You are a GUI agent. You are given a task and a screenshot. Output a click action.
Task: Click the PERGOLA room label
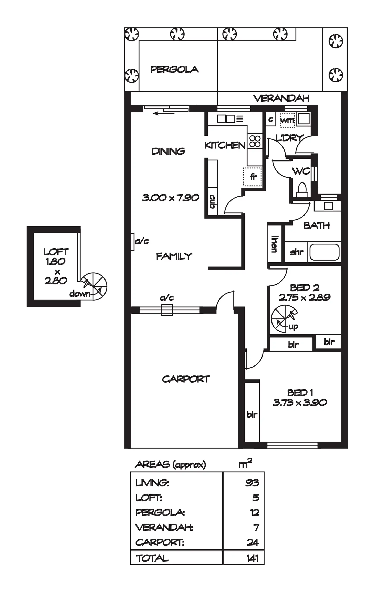click(x=174, y=69)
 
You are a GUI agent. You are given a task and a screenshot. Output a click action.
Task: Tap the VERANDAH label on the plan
click(x=281, y=98)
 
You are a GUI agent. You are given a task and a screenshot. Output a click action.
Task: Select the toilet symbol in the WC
click(x=302, y=190)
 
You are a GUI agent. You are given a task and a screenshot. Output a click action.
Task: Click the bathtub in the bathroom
click(x=324, y=252)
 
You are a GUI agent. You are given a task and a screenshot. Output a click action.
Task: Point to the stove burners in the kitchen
click(x=255, y=141)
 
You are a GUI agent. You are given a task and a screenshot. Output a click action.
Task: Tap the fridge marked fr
click(x=253, y=177)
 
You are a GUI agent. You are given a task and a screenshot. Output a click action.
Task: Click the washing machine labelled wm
click(x=287, y=120)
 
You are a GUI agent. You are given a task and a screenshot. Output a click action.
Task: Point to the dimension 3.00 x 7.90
click(x=171, y=198)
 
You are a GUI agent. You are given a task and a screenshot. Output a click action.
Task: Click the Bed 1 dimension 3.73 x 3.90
click(x=300, y=403)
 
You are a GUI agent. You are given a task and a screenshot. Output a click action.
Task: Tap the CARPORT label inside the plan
click(x=186, y=379)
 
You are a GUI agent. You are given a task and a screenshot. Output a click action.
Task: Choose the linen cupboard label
click(x=274, y=244)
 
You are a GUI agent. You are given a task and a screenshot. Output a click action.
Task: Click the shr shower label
click(x=297, y=252)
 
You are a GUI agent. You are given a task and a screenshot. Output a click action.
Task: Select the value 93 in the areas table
click(x=252, y=483)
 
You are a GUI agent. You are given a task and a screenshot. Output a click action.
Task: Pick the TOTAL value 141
click(x=253, y=558)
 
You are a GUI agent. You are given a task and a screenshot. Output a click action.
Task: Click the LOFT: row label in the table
click(x=149, y=498)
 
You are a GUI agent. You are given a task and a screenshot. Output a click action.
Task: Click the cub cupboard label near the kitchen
click(x=212, y=201)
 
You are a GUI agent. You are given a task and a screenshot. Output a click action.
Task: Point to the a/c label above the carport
click(x=167, y=298)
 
